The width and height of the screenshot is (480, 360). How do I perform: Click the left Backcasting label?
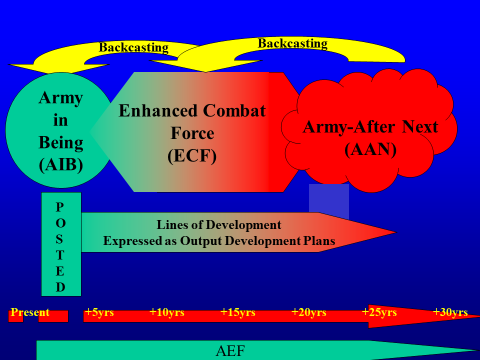tap(134, 47)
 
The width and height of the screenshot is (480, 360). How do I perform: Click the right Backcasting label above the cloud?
tap(293, 43)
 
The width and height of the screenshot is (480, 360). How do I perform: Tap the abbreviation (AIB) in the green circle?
tap(61, 164)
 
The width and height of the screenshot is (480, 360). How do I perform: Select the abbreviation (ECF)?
tap(192, 156)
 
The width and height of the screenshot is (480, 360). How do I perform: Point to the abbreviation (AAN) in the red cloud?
tap(370, 149)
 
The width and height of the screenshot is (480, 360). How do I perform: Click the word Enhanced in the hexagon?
tap(158, 111)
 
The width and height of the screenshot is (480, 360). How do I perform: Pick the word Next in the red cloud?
tap(420, 127)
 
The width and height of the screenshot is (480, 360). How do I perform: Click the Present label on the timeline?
tap(30, 312)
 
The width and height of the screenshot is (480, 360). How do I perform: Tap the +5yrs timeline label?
tap(99, 312)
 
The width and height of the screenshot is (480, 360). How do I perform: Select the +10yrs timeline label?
tap(167, 312)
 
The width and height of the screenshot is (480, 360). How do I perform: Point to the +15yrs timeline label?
tap(238, 312)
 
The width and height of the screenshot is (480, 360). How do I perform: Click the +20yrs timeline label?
tap(309, 312)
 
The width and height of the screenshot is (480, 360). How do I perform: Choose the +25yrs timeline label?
tap(379, 312)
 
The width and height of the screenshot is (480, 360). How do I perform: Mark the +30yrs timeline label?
tap(450, 312)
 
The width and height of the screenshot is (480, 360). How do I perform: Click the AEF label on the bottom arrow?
tap(230, 351)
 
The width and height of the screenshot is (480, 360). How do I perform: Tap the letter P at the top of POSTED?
tap(60, 207)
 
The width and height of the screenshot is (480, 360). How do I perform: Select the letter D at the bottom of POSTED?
tap(60, 287)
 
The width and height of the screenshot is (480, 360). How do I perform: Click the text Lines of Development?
tap(219, 225)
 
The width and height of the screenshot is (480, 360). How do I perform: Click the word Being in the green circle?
tap(61, 143)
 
